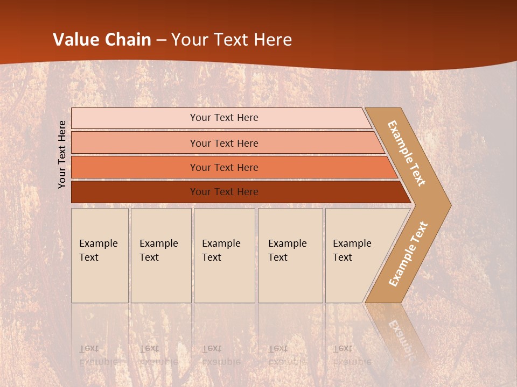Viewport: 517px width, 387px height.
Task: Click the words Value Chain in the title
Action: (x=102, y=40)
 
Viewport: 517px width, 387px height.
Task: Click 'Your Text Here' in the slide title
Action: (x=232, y=40)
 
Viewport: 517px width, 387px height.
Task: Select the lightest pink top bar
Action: (x=135, y=118)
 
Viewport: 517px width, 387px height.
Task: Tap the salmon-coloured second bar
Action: (x=135, y=143)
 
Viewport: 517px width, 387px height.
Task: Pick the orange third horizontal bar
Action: (x=135, y=168)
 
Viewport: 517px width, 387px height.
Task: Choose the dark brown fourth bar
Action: (x=135, y=192)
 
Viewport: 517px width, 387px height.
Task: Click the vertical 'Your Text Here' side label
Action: (x=62, y=154)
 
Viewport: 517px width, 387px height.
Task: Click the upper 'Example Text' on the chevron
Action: (x=407, y=153)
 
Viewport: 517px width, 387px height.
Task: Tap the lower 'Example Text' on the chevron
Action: (x=408, y=254)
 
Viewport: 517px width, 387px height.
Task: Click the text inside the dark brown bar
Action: (x=224, y=192)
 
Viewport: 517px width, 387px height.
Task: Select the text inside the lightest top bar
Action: (x=224, y=118)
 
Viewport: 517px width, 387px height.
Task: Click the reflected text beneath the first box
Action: (x=98, y=355)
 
